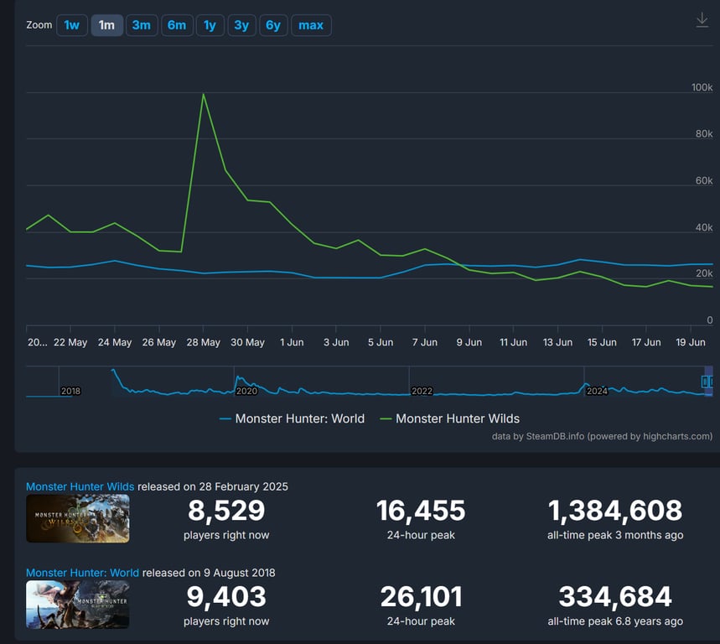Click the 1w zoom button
72,25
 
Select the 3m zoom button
141,25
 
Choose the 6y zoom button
273,25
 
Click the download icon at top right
702,20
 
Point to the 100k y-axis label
702,87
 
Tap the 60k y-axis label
702,180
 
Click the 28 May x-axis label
204,342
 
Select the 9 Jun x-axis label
469,342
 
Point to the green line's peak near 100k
203,94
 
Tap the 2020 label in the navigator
246,391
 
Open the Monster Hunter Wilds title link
80,486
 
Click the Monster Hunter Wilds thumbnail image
77,518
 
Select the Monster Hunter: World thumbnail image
77,605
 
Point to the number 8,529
225,510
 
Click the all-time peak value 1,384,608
614,510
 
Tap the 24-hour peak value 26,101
421,596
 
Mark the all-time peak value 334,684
614,596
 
